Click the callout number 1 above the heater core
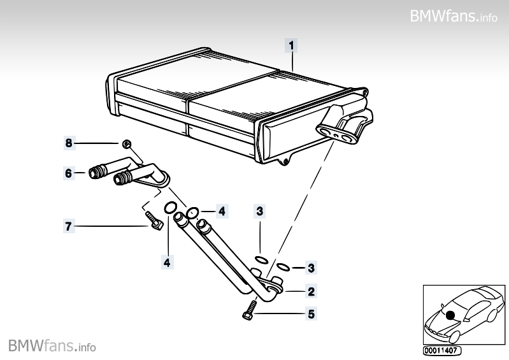(291, 45)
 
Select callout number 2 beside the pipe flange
(311, 292)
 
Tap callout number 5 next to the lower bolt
(311, 313)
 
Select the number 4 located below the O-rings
(167, 261)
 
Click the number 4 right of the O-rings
(221, 210)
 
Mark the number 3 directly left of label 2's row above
(311, 267)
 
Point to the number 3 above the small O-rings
(259, 210)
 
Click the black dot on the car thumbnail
(450, 314)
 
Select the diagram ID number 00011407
(441, 350)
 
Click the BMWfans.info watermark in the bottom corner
(52, 346)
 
